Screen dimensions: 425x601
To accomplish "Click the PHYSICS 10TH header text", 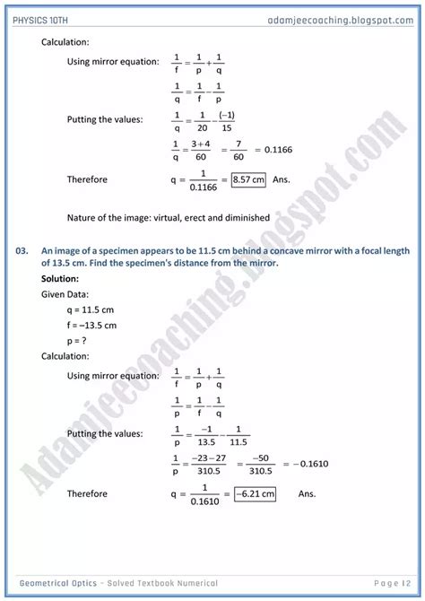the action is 48,19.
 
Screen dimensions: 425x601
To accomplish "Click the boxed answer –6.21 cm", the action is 254,493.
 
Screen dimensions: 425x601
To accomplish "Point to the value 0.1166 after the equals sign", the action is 278,149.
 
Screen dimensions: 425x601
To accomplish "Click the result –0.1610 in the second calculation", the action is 305,463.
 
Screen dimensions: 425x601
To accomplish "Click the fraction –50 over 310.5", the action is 260,463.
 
